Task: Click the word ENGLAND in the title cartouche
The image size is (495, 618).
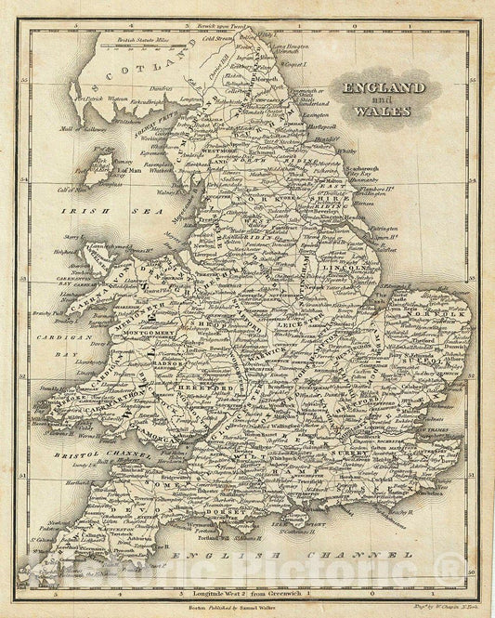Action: (384, 87)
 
